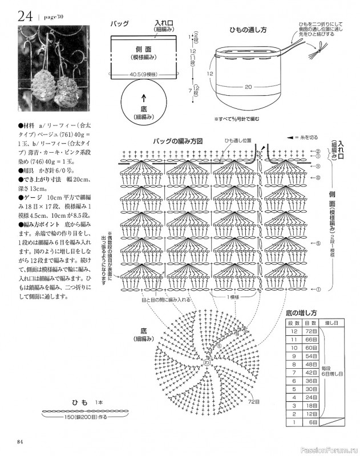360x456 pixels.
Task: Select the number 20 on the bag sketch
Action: (248, 87)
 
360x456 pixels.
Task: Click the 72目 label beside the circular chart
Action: (254, 402)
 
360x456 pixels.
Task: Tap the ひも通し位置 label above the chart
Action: (236, 140)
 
